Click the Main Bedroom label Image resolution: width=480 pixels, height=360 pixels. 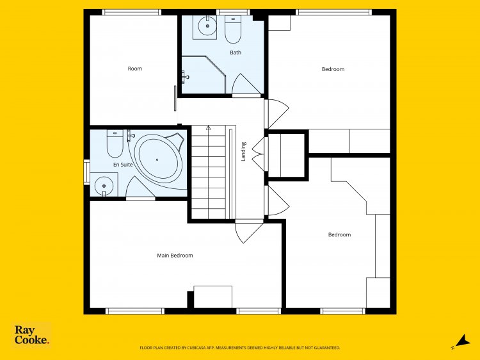[175, 256]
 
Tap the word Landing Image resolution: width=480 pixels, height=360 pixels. [243, 151]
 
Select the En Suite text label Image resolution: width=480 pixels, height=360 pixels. [123, 165]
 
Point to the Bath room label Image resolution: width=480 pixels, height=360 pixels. [236, 53]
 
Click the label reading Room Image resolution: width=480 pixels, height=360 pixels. [134, 69]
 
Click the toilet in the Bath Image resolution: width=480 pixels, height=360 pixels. [233, 29]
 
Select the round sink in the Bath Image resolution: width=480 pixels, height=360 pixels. [207, 26]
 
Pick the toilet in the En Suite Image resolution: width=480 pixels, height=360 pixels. [115, 143]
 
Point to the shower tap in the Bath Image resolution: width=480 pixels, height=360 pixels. [184, 77]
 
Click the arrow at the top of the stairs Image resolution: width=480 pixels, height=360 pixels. [209, 127]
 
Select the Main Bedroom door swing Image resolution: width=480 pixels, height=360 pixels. [248, 231]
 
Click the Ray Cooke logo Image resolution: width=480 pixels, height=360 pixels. [31, 335]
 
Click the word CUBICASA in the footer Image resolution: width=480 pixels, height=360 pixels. [196, 348]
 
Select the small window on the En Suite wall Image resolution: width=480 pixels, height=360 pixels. [86, 172]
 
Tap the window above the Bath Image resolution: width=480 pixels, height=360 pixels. [233, 12]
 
